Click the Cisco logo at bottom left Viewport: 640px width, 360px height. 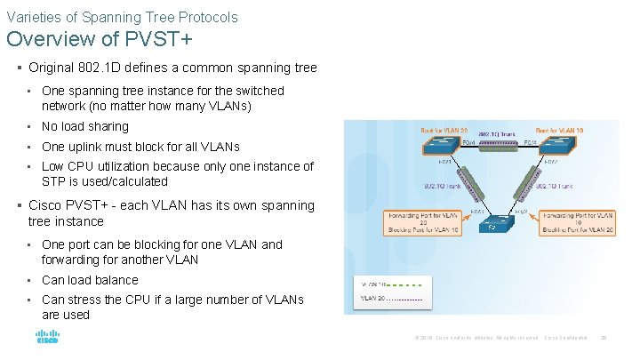pyautogui.click(x=47, y=338)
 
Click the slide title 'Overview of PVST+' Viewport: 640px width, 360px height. pyautogui.click(x=100, y=40)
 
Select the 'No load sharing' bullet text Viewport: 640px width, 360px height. pyautogui.click(x=85, y=126)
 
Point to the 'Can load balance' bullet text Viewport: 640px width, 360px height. pyautogui.click(x=90, y=280)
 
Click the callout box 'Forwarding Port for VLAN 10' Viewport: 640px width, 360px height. pyautogui.click(x=578, y=222)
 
